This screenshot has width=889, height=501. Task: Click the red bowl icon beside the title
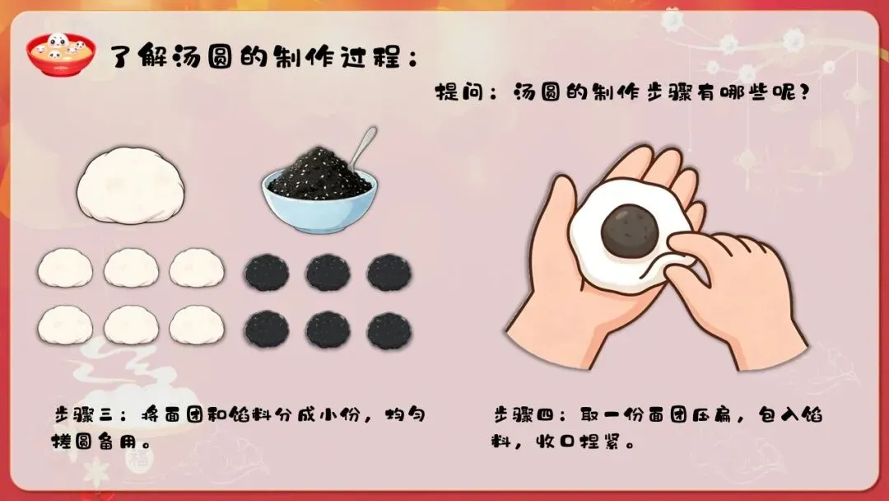click(60, 54)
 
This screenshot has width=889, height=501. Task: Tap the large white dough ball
click(131, 185)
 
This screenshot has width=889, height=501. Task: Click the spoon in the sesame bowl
click(361, 147)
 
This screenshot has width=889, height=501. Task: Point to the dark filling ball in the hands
click(630, 229)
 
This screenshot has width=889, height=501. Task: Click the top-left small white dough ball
click(65, 268)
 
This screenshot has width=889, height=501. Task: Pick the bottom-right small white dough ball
click(197, 325)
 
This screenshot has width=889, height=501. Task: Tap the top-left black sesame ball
click(267, 273)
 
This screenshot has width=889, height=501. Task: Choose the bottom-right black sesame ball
click(389, 330)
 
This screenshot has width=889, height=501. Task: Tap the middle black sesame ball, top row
click(328, 273)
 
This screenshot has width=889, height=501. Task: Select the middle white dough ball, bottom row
click(131, 325)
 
